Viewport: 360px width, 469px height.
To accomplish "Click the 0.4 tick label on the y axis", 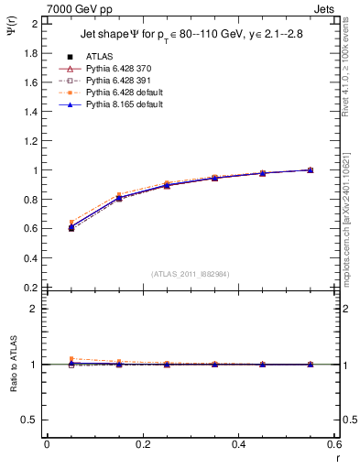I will point(32,258).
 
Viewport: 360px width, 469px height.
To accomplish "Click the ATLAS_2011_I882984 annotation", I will point(191,273).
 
